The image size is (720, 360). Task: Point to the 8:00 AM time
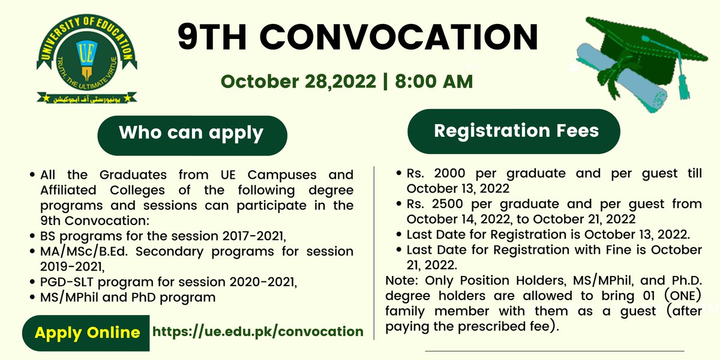click(434, 81)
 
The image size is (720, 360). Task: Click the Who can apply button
click(191, 133)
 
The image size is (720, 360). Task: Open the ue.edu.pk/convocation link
click(259, 331)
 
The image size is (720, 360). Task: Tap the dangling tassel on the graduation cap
click(682, 84)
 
